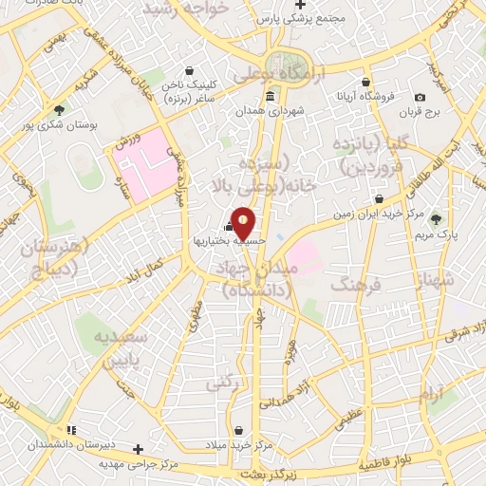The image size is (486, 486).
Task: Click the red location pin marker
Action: pyautogui.click(x=243, y=223)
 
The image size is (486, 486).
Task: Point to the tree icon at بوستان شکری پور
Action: pyautogui.click(x=60, y=110)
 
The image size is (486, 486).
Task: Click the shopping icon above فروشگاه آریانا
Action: pyautogui.click(x=365, y=83)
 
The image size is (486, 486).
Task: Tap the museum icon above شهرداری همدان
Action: pyautogui.click(x=271, y=97)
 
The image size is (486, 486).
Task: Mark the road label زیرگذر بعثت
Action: pyautogui.click(x=267, y=472)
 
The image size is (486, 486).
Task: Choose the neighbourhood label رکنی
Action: pyautogui.click(x=224, y=383)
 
